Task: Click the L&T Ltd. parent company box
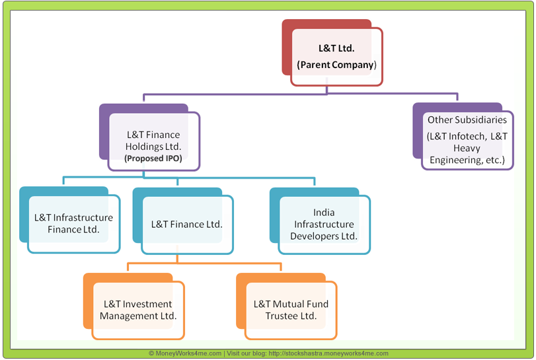(x=336, y=57)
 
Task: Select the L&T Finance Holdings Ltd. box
(x=153, y=141)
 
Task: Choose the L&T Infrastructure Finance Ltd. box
(x=73, y=224)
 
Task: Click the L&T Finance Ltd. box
(x=186, y=225)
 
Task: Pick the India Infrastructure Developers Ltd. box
(x=324, y=225)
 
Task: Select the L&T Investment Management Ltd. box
(x=137, y=310)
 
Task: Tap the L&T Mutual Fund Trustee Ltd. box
(x=291, y=310)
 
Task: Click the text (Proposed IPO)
(x=153, y=159)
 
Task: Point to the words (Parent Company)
(x=336, y=65)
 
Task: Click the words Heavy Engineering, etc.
(x=467, y=155)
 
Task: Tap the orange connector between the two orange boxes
(x=204, y=263)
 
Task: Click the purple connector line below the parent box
(x=301, y=94)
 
